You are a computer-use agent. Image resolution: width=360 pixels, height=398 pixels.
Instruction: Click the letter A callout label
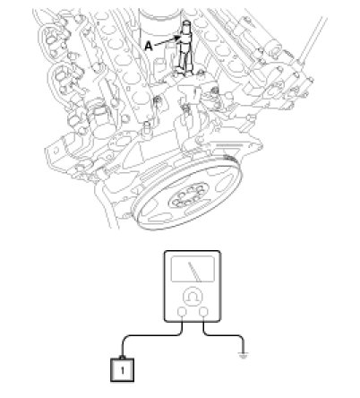149,47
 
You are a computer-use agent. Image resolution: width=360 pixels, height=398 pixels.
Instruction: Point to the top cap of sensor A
186,23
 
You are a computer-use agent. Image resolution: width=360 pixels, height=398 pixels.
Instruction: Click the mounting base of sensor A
186,72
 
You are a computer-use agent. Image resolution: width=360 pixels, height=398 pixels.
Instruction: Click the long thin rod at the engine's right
312,40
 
